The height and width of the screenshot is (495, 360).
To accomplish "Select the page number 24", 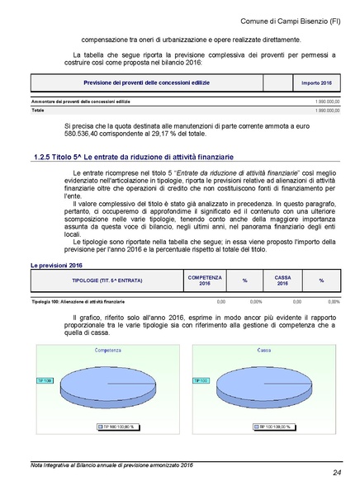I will pyautogui.click(x=337, y=472).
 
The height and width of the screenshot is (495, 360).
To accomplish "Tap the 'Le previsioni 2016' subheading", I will pyautogui.click(x=57, y=266).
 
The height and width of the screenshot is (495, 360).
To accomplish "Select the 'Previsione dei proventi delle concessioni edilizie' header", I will pyautogui.click(x=146, y=83).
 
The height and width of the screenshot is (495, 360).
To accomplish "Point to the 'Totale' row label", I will pyautogui.click(x=38, y=110).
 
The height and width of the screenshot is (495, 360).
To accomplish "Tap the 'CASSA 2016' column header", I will pyautogui.click(x=282, y=281).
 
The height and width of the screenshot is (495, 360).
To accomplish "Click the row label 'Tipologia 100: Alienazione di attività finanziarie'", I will pyautogui.click(x=78, y=302).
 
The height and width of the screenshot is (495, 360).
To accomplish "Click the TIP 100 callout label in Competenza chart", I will pyautogui.click(x=45, y=381).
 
